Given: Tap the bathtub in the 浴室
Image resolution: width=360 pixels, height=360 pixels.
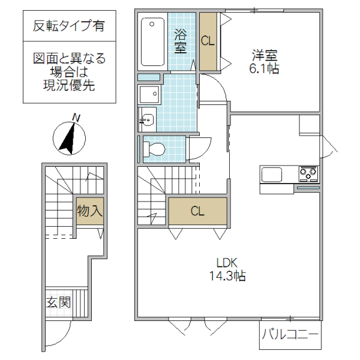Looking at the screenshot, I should pyautogui.click(x=153, y=43).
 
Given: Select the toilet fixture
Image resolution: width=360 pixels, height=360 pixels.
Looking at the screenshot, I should pyautogui.click(x=154, y=149).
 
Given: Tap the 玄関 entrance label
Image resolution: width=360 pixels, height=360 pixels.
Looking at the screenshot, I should pyautogui.click(x=58, y=302).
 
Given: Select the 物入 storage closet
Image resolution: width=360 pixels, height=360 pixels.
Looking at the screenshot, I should pyautogui.click(x=89, y=211).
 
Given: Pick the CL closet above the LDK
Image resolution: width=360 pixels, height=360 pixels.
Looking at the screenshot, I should pyautogui.click(x=197, y=211).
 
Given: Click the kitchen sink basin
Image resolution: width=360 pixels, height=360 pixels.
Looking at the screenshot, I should pyautogui.click(x=272, y=175).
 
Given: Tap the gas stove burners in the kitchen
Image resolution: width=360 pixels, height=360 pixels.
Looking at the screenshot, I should pyautogui.click(x=308, y=175).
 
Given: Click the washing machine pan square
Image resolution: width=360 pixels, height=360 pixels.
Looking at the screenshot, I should pyautogui.click(x=148, y=95).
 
